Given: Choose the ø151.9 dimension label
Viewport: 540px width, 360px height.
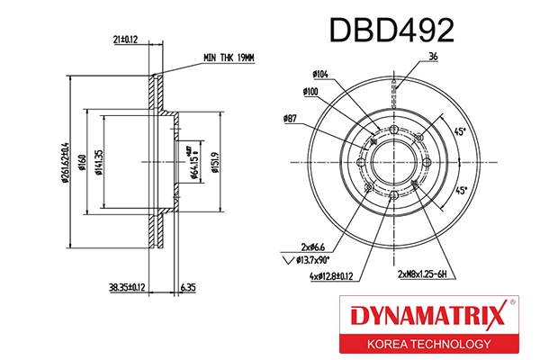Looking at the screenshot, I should (215, 162).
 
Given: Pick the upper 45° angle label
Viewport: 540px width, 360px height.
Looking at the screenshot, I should (460, 132).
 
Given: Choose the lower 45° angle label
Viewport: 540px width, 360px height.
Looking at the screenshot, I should (460, 191).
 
